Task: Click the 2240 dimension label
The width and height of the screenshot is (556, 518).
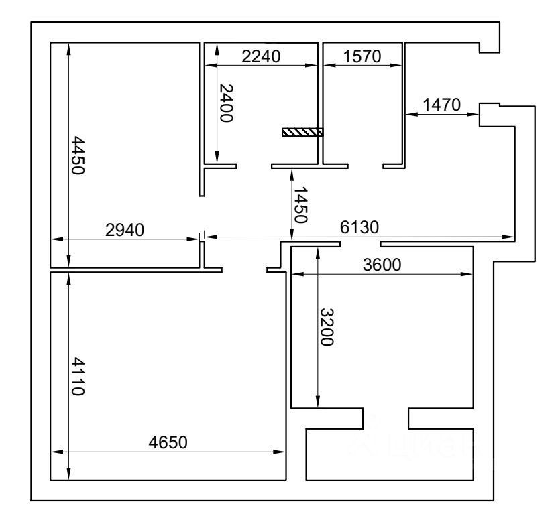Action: click(261, 56)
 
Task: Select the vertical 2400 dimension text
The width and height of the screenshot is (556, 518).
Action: click(226, 103)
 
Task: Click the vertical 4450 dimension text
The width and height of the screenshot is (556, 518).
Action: click(78, 155)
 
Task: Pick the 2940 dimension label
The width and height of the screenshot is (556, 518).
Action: click(125, 230)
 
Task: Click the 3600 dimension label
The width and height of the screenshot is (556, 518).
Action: click(381, 264)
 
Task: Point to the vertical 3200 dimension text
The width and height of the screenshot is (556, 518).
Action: click(326, 327)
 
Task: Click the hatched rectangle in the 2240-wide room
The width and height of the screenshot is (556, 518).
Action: click(302, 132)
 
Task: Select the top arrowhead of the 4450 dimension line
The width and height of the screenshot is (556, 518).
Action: click(69, 46)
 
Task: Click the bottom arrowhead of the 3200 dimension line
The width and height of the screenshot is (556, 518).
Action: click(317, 402)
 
